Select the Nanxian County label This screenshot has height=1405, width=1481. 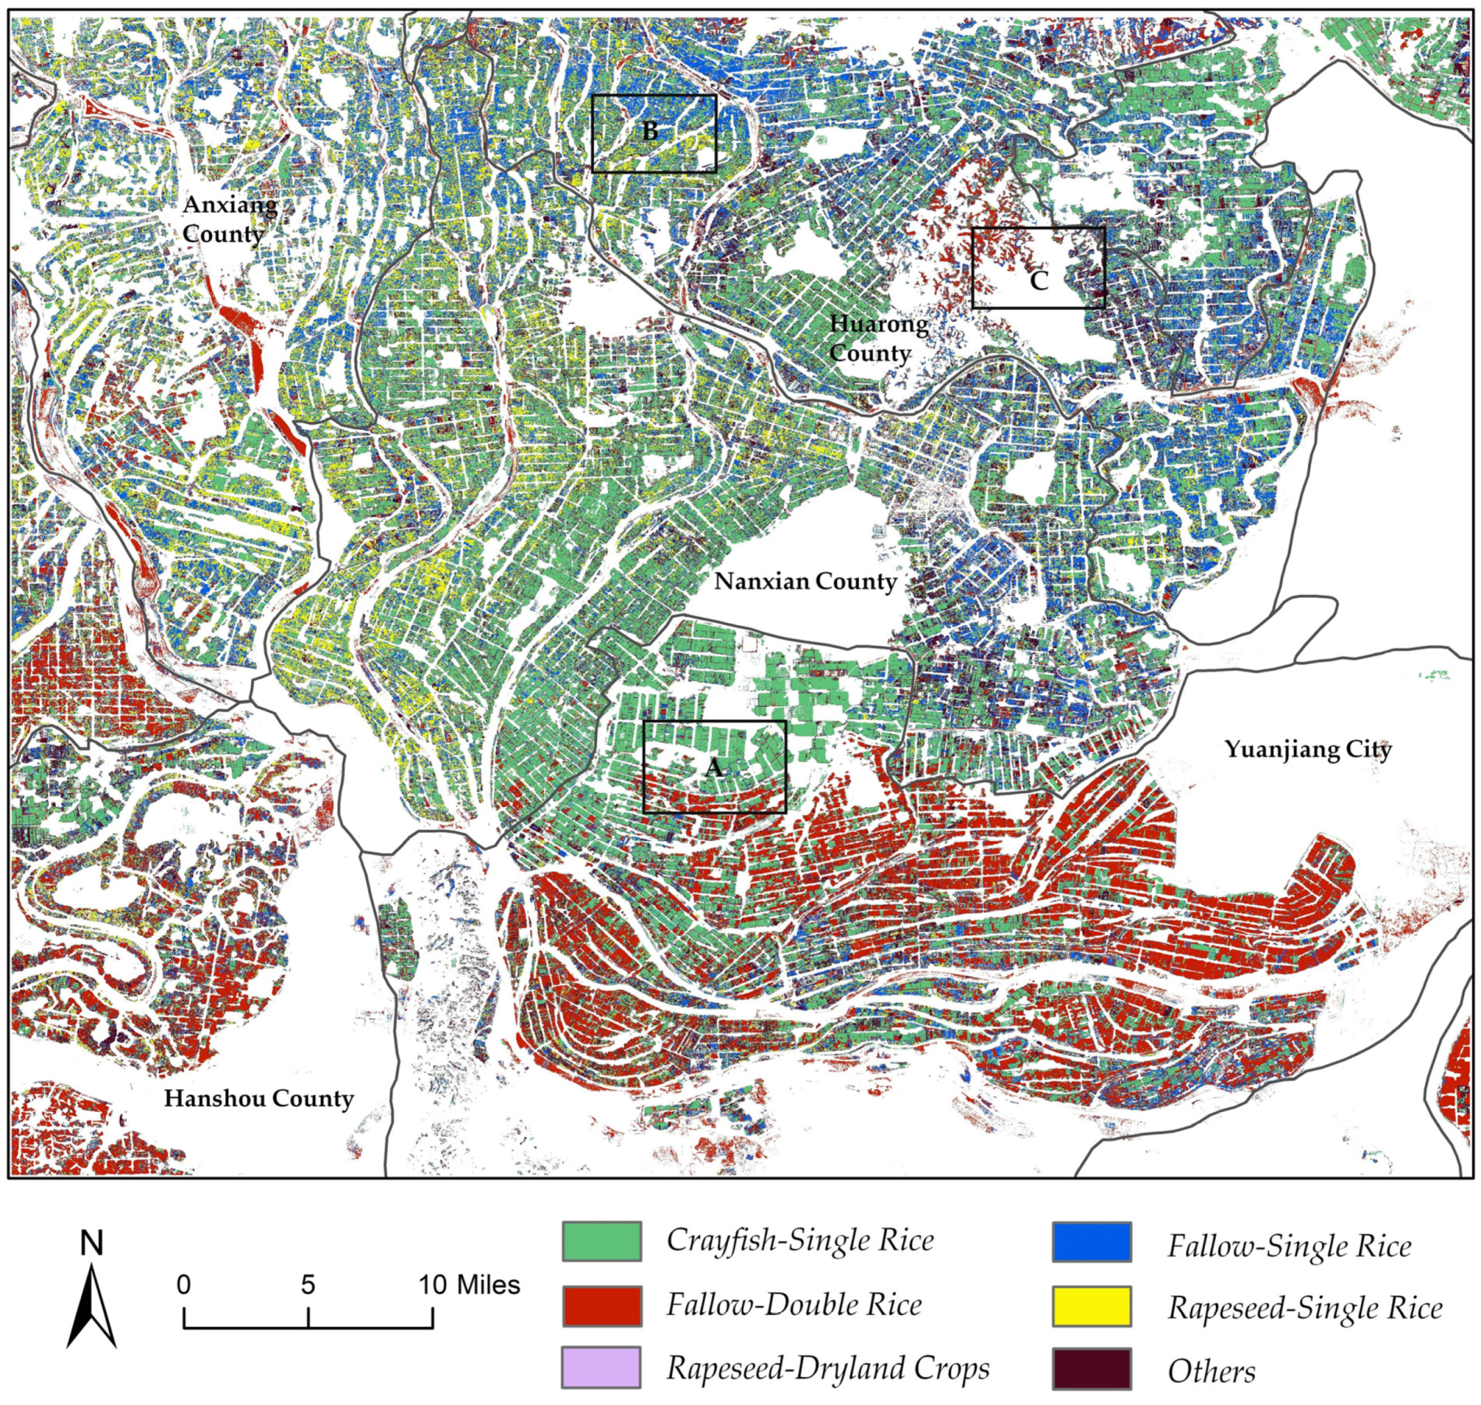click(x=805, y=582)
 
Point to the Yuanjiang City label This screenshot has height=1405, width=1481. click(x=1307, y=750)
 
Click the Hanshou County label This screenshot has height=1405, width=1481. click(x=258, y=1099)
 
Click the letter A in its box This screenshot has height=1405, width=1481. click(x=713, y=767)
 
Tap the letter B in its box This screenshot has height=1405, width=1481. click(x=650, y=132)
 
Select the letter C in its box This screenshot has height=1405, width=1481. click(x=1038, y=281)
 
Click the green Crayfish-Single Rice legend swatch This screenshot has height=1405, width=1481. click(x=601, y=1241)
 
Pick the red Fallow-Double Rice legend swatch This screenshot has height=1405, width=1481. click(x=601, y=1305)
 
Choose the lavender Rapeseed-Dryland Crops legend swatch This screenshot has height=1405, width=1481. click(x=601, y=1367)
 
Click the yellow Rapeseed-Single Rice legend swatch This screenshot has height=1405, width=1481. click(x=1091, y=1306)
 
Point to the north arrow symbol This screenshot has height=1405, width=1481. click(x=91, y=1307)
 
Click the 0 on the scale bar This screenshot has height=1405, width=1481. click(x=183, y=1285)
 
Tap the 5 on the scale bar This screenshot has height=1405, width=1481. click(x=307, y=1285)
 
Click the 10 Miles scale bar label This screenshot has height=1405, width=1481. click(x=469, y=1285)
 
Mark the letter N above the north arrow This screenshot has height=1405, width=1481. click(x=91, y=1243)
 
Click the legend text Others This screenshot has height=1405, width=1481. click(x=1210, y=1372)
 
